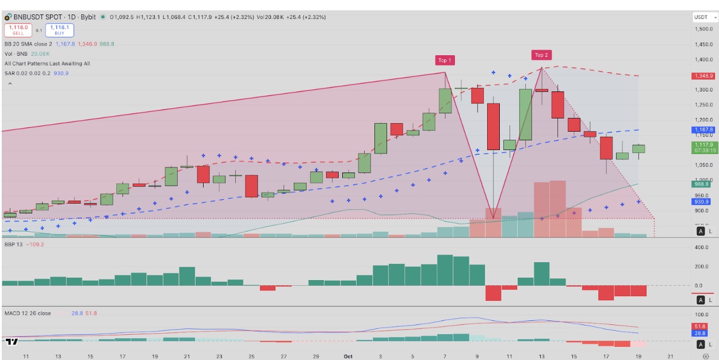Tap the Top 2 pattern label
[541, 55]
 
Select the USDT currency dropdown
[704, 17]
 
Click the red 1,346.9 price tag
[703, 76]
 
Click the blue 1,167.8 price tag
[703, 130]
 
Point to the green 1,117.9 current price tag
[703, 147]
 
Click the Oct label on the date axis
[347, 357]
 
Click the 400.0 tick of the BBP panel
[701, 248]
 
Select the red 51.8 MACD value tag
[699, 326]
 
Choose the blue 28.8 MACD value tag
[699, 334]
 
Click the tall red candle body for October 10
[494, 127]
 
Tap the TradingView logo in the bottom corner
[12, 342]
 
